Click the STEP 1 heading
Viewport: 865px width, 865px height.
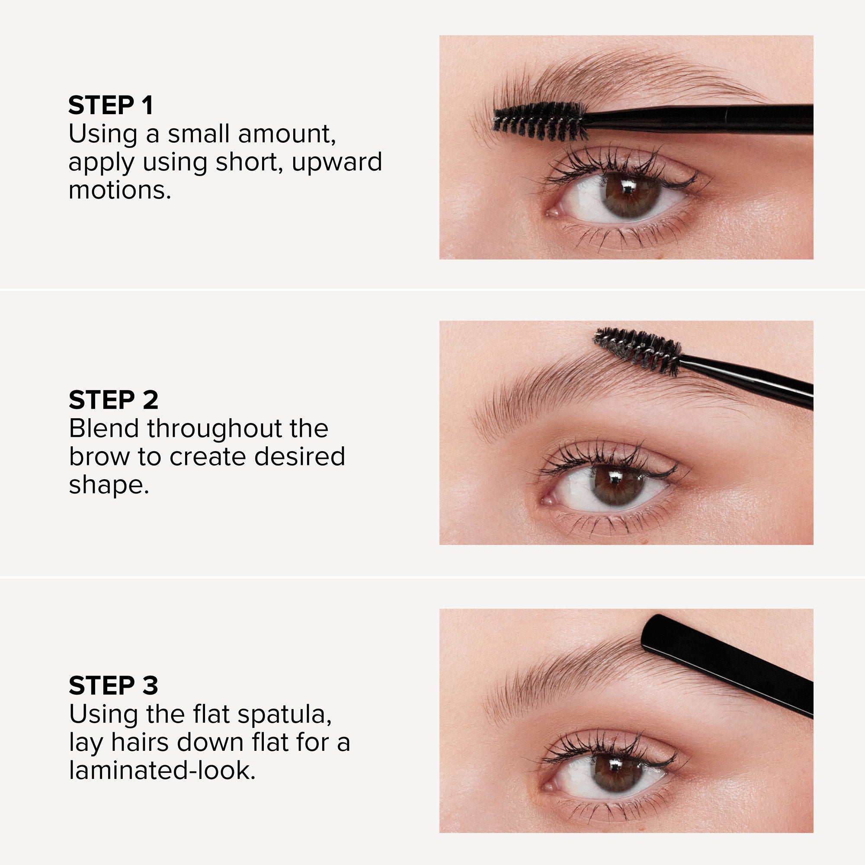[x=111, y=106]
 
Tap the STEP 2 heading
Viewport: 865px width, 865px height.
[x=113, y=400]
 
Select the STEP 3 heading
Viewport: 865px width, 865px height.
[x=113, y=686]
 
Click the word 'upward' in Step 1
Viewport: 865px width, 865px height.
[x=336, y=162]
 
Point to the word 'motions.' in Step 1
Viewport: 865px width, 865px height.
[x=119, y=190]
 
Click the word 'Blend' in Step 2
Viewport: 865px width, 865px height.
[x=103, y=429]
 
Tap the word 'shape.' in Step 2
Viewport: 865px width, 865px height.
[x=109, y=485]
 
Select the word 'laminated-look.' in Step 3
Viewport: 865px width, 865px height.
[x=162, y=771]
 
